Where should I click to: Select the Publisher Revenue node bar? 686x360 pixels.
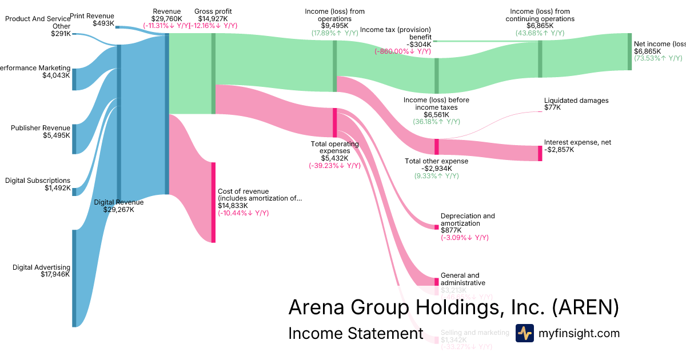[x=74, y=139]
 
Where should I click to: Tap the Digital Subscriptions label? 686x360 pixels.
[x=38, y=181]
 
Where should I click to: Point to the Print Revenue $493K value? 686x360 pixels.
[x=103, y=23]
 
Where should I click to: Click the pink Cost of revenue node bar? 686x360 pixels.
[x=214, y=202]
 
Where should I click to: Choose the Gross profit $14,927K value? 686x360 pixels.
[x=213, y=18]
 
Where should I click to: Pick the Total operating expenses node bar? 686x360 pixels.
[x=335, y=122]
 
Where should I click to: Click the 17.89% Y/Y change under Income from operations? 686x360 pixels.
[x=334, y=33]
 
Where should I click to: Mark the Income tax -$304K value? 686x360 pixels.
[x=418, y=44]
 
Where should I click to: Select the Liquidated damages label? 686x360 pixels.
[x=576, y=101]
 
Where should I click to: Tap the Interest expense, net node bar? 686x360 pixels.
[x=540, y=153]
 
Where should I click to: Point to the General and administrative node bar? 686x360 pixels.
[x=436, y=282]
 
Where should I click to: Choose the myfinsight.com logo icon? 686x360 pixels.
[x=524, y=333]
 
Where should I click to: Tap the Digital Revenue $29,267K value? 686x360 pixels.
[x=119, y=210]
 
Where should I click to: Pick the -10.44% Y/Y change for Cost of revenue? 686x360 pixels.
[x=243, y=213]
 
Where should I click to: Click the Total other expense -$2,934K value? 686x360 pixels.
[x=436, y=169]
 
